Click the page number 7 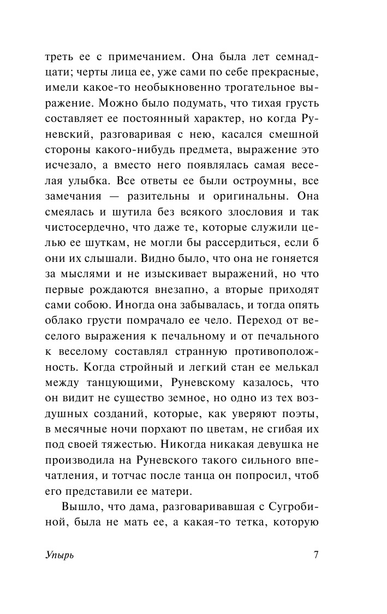click(x=316, y=555)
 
